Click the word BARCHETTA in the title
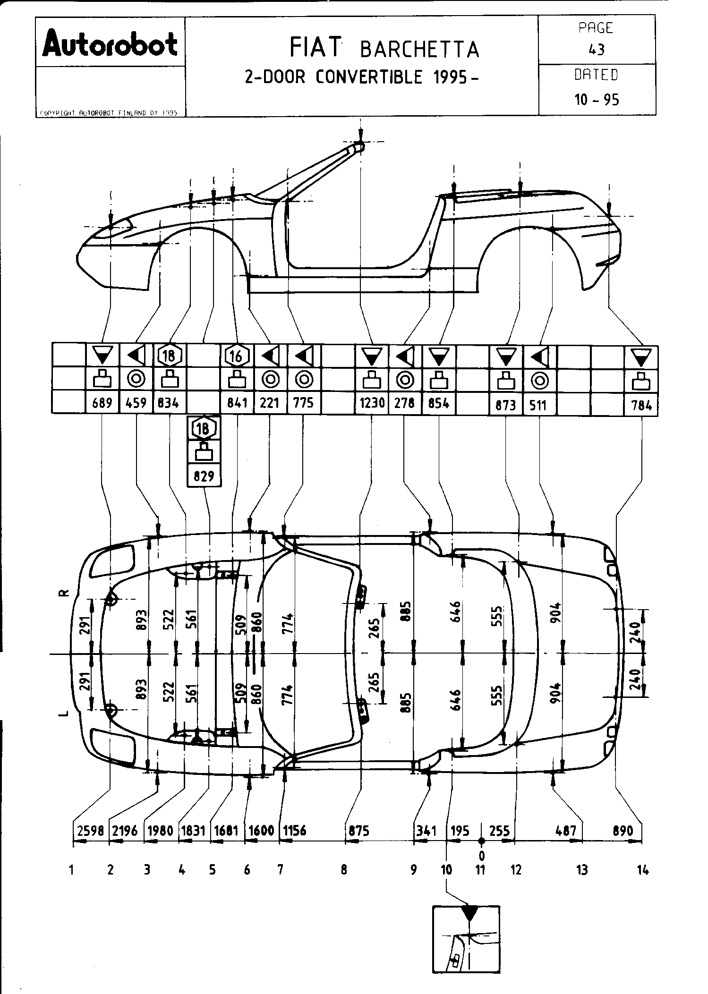(419, 50)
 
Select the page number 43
(597, 50)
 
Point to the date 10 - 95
(597, 100)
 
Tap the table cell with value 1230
(372, 403)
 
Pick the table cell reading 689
(102, 403)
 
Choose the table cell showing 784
(641, 405)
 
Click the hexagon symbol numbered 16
(237, 357)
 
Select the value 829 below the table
(204, 476)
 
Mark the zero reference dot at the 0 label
(481, 841)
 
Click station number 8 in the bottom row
(344, 869)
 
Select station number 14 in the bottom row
(642, 869)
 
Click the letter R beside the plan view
(66, 593)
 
